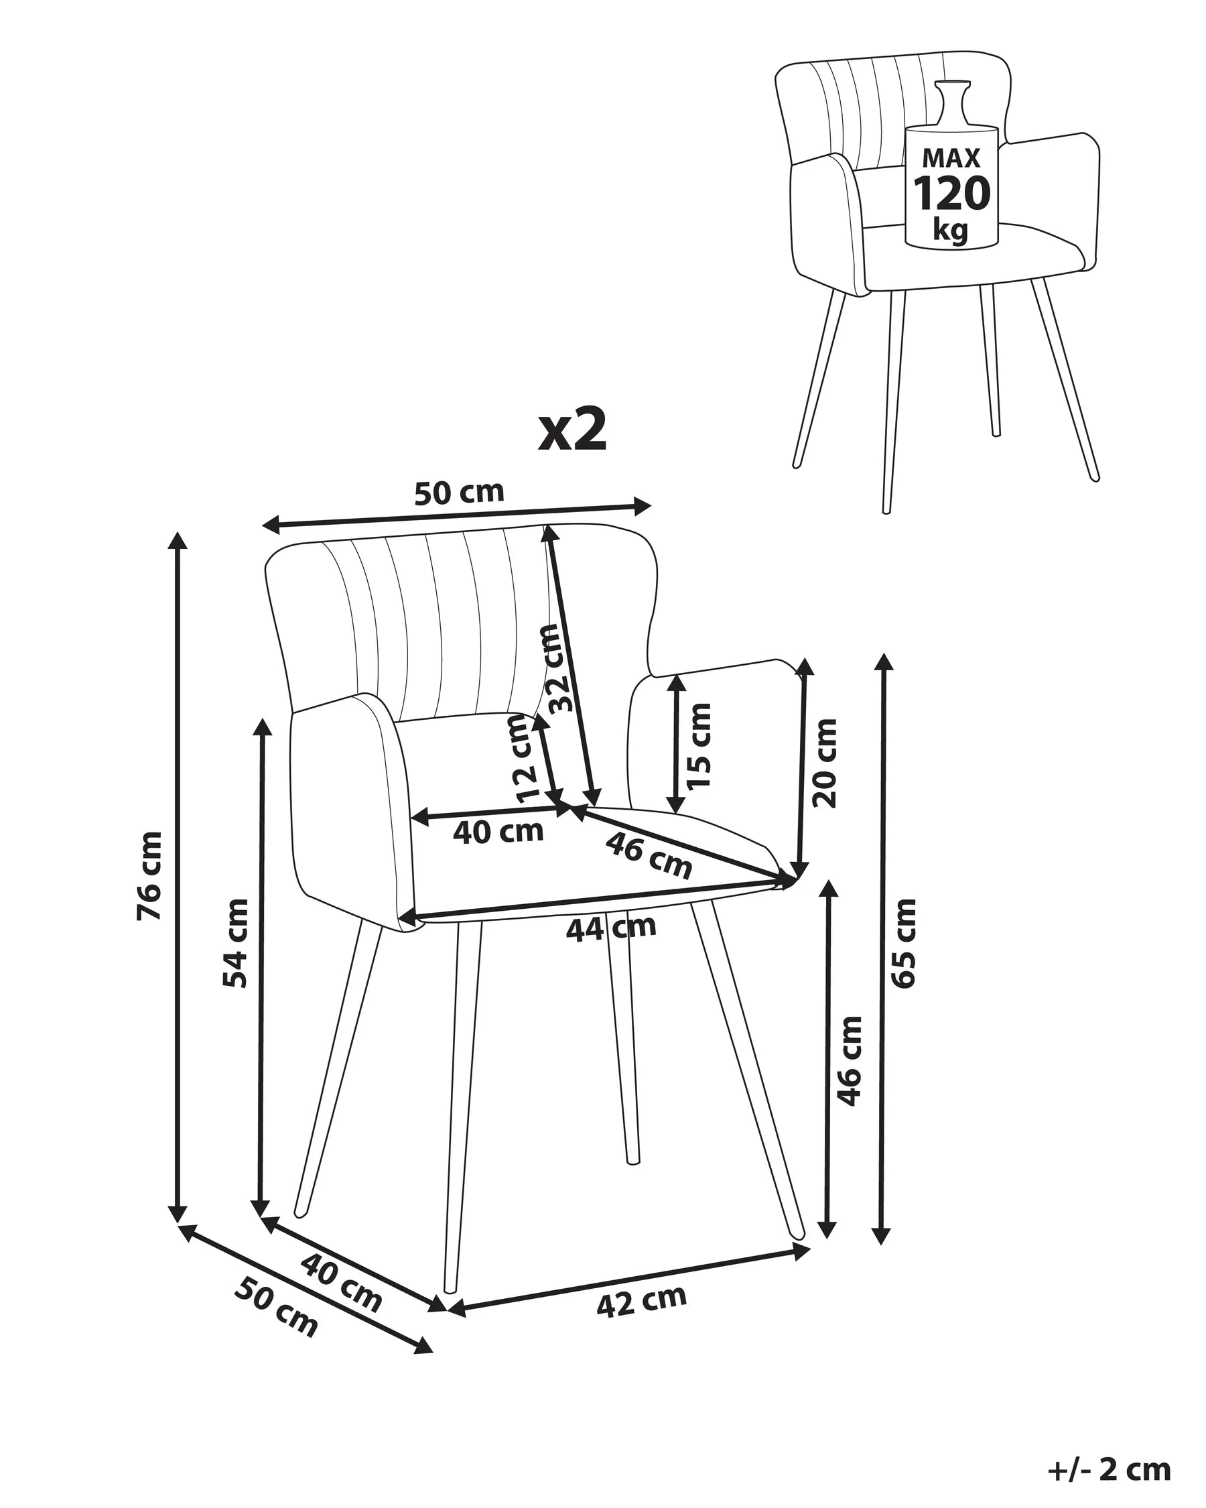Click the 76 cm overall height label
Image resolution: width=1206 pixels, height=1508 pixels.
[150, 876]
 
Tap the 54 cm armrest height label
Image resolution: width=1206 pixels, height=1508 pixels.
[236, 944]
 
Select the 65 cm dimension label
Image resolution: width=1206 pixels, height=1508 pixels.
[903, 944]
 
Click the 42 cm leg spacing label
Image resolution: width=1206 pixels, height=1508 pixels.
[642, 1300]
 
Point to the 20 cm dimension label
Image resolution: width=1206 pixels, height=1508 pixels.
[825, 763]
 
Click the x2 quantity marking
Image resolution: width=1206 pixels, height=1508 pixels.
[573, 432]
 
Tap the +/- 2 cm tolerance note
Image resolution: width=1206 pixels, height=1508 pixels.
[1109, 1469]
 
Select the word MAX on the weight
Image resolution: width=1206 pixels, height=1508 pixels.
[951, 158]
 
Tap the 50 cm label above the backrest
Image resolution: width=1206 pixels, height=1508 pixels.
[459, 493]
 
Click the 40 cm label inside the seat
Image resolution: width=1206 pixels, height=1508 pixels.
[498, 832]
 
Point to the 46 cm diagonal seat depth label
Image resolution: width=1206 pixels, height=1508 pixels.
[649, 855]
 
